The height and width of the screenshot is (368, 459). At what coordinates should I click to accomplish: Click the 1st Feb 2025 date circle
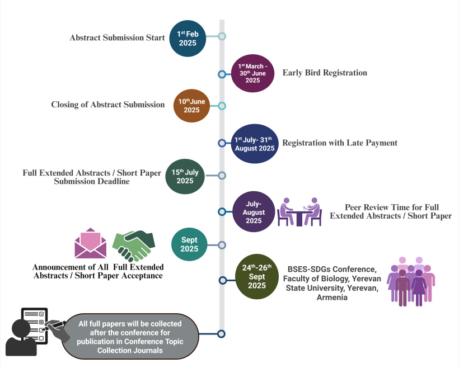pos(188,39)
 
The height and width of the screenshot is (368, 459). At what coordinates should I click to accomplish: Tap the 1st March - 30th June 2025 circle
pos(252,73)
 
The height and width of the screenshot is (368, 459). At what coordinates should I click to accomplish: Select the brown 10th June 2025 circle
pos(192,106)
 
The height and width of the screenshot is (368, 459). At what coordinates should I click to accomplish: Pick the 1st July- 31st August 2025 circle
pos(255,144)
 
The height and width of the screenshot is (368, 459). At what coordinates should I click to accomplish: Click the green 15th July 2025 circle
pos(185,176)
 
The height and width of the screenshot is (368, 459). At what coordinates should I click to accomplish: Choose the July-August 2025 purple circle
pos(254,212)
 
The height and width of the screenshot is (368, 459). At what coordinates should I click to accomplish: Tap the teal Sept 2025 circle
pos(189,244)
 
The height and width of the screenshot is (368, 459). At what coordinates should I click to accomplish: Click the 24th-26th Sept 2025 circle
pos(257,276)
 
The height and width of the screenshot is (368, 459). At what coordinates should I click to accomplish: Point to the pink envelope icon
pos(91,243)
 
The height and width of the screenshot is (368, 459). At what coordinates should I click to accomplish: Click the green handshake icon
pos(134,246)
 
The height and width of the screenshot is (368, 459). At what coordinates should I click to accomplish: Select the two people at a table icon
pos(299,212)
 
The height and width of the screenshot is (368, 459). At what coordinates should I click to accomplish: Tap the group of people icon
pos(411,281)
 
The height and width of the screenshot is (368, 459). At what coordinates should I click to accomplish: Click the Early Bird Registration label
pos(325,73)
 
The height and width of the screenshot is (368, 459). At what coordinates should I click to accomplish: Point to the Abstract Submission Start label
pos(117,37)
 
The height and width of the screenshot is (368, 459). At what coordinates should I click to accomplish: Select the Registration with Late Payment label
pos(340,143)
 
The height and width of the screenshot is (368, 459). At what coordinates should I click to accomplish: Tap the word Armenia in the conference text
pos(332,298)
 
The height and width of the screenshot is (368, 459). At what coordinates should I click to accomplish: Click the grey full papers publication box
pos(130,337)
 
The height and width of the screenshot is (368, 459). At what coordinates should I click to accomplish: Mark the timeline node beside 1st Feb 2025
pos(222,36)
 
